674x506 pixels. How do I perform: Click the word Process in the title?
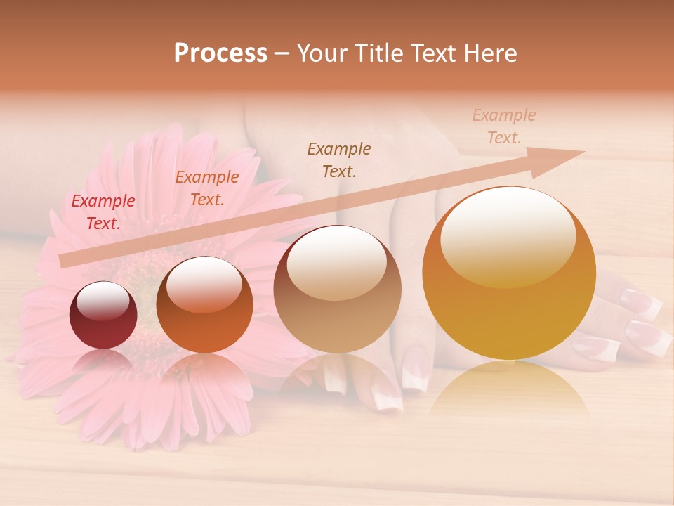[220, 53]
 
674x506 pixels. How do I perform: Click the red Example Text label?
[103, 212]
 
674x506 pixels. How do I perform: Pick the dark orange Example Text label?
[206, 188]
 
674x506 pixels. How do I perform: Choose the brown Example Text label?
[339, 160]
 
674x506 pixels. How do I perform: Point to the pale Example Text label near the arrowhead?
[504, 126]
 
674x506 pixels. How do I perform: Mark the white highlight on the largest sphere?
[508, 235]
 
